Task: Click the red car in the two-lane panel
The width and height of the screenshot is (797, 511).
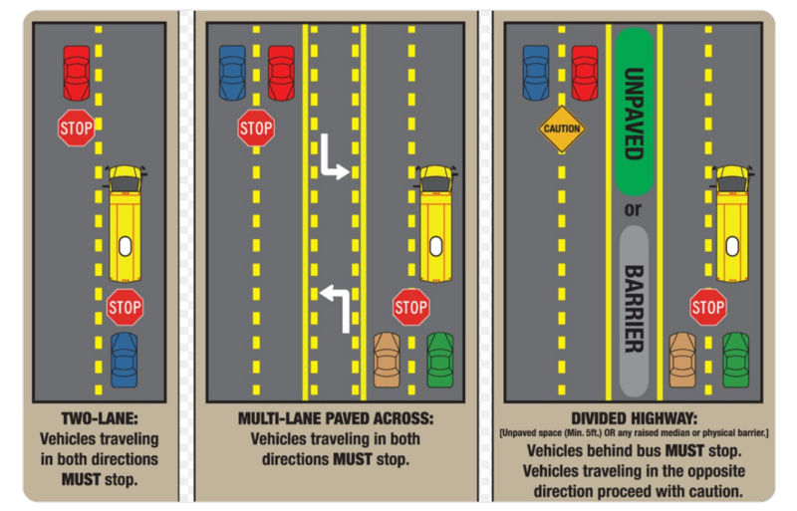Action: point(77,73)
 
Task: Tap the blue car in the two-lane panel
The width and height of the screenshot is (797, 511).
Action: point(125,360)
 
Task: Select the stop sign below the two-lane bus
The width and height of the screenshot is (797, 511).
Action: point(125,307)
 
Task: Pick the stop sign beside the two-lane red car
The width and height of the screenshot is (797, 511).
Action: point(76,128)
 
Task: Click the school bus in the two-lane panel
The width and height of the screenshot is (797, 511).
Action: point(125,223)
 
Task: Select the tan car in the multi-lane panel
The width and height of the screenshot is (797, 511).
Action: point(387,360)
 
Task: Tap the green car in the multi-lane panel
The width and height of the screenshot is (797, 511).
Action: point(439,360)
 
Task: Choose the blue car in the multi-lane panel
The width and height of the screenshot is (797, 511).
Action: point(232,73)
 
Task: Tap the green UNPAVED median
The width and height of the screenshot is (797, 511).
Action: point(634,111)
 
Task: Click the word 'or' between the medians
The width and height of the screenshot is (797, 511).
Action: point(634,210)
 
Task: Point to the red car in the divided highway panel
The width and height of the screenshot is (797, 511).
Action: point(585,73)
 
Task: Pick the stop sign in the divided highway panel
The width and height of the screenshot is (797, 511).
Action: point(707,307)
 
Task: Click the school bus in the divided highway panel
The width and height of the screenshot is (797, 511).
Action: point(733,223)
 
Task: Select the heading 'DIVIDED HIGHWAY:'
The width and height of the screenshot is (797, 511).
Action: point(634,419)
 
